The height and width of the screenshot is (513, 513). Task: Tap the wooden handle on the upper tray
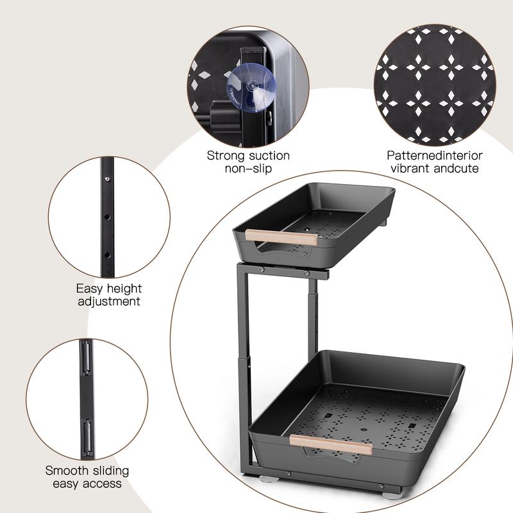(282, 237)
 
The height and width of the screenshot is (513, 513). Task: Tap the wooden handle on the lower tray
(331, 444)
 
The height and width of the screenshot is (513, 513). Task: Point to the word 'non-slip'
(248, 169)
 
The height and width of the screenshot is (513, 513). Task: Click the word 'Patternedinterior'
(435, 156)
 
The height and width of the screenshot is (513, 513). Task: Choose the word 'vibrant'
(410, 169)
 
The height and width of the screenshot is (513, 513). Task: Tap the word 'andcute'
(457, 169)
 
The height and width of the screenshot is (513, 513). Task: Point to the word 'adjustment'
(109, 301)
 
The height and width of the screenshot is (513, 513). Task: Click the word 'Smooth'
(67, 471)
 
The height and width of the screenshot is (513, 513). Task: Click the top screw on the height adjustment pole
(106, 179)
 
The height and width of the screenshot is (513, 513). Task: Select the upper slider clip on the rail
(87, 358)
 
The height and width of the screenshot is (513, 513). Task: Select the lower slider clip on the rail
(87, 437)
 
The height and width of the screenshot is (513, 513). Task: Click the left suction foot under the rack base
(269, 479)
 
